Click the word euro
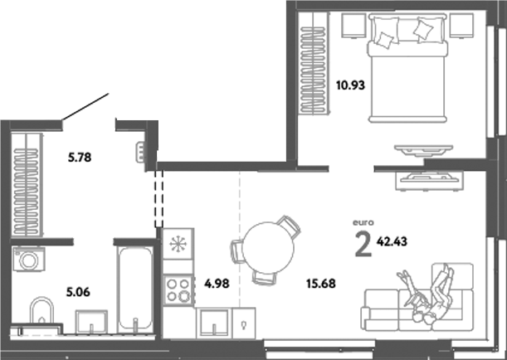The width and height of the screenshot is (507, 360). pyautogui.click(x=365, y=222)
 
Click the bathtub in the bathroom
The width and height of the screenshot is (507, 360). pyautogui.click(x=132, y=288)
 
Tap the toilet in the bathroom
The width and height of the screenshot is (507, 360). pyautogui.click(x=41, y=316)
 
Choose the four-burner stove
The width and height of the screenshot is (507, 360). pyautogui.click(x=178, y=289)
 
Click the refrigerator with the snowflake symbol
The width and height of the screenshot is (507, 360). pyautogui.click(x=178, y=246)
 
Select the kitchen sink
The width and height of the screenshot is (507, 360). pyautogui.click(x=213, y=320)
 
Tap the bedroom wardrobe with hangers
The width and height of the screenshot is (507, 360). pyautogui.click(x=313, y=63)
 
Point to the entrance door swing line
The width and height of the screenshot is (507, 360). pyautogui.click(x=86, y=109)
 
